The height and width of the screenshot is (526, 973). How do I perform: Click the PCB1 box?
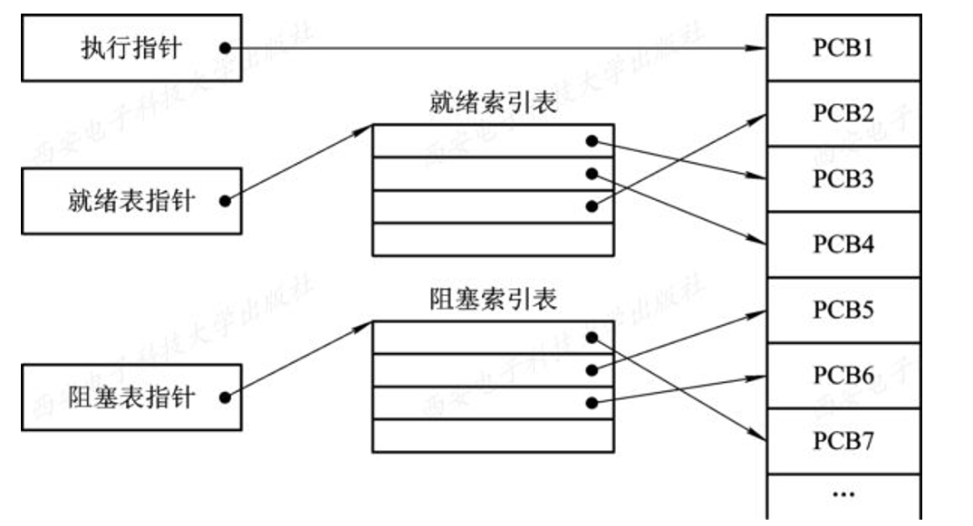pyautogui.click(x=843, y=47)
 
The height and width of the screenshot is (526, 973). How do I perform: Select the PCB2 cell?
pyautogui.click(x=843, y=114)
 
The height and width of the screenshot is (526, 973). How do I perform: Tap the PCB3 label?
pyautogui.click(x=843, y=179)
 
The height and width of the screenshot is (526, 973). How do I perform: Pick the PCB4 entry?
pyautogui.click(x=843, y=244)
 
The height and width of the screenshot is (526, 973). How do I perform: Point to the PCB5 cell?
pyautogui.click(x=843, y=311)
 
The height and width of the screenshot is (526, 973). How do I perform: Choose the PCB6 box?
pyautogui.click(x=843, y=376)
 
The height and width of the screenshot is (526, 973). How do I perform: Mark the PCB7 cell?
pyautogui.click(x=843, y=441)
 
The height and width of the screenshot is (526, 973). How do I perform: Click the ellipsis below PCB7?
pyautogui.click(x=843, y=494)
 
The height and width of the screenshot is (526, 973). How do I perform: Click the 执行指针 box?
pyautogui.click(x=131, y=47)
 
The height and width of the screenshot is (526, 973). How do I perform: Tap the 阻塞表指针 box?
pyautogui.click(x=131, y=397)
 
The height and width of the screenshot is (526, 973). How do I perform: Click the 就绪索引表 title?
pyautogui.click(x=493, y=103)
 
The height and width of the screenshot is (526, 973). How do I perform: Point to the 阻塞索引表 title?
pyautogui.click(x=493, y=300)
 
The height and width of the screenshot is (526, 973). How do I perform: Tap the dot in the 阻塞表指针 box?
pyautogui.click(x=224, y=397)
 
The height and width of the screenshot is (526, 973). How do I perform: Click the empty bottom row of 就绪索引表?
pyautogui.click(x=493, y=240)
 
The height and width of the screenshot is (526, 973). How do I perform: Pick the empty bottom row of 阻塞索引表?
pyautogui.click(x=493, y=435)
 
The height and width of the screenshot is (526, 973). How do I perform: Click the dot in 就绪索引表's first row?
pyautogui.click(x=592, y=141)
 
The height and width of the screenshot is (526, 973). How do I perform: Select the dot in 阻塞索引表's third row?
pyautogui.click(x=592, y=403)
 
